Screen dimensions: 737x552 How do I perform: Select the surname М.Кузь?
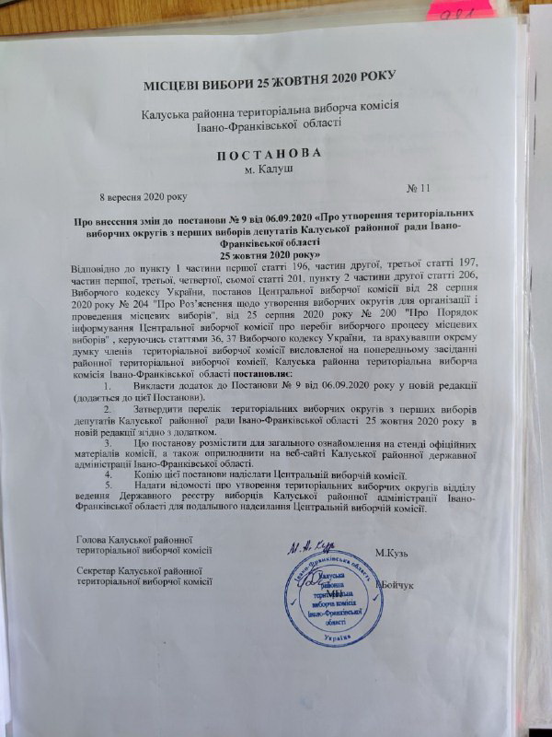[397, 553]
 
